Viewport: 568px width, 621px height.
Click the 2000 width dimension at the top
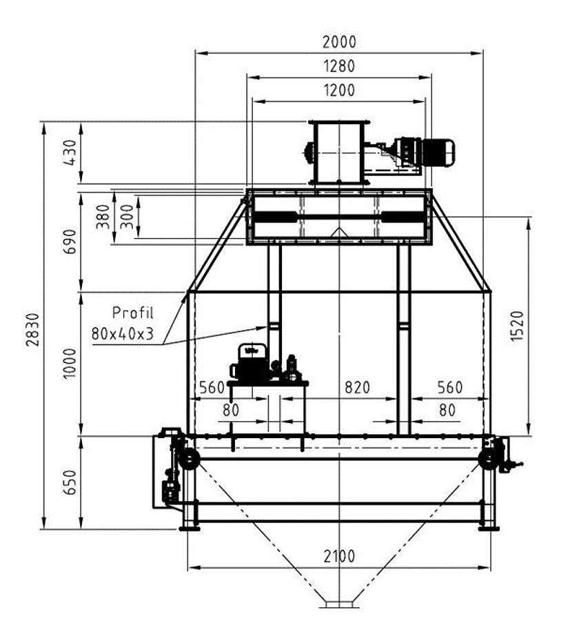(339, 42)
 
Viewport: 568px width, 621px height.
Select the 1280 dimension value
(339, 66)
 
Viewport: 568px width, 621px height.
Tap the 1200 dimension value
(339, 90)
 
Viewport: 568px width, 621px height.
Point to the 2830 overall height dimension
(33, 330)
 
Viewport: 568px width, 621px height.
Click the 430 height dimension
(70, 152)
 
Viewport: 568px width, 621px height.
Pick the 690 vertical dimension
(70, 241)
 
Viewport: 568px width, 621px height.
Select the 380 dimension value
(103, 217)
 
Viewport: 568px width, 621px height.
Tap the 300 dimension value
(127, 217)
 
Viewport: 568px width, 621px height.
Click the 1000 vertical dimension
(70, 364)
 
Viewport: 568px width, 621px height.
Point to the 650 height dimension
(70, 482)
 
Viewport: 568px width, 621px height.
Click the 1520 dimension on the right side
(517, 326)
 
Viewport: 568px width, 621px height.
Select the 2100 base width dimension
(339, 556)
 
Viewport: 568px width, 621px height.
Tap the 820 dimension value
(357, 387)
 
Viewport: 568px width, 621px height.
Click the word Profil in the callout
(132, 313)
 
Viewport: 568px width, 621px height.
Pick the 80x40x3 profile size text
(122, 334)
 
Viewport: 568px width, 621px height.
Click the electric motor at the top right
(425, 152)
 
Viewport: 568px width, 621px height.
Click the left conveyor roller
(189, 460)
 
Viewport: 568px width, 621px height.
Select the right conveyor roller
(489, 460)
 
